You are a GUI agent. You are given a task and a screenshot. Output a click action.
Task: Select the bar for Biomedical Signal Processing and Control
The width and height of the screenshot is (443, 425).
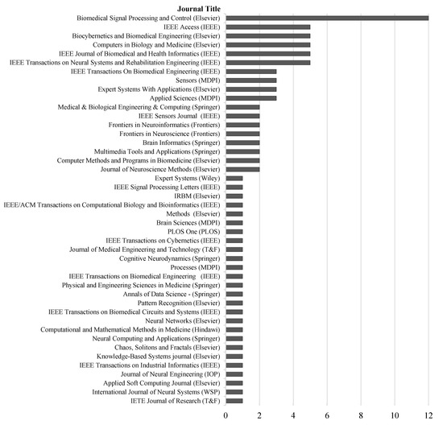(327, 18)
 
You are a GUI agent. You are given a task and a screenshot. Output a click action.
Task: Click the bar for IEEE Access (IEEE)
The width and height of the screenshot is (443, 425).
(268, 27)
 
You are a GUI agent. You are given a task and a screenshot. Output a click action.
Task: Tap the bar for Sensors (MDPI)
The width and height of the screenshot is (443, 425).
(251, 80)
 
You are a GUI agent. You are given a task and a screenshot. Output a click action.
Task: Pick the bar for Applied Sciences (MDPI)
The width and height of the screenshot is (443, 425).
(251, 98)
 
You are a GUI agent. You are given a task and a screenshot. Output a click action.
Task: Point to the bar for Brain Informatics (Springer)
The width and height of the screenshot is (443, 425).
(242, 142)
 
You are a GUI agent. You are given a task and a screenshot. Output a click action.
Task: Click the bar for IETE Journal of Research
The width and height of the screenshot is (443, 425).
(234, 400)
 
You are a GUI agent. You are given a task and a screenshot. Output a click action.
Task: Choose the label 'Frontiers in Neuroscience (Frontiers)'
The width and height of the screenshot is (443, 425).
(164, 134)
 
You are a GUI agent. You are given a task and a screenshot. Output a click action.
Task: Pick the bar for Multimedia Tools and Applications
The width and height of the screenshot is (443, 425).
(242, 151)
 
